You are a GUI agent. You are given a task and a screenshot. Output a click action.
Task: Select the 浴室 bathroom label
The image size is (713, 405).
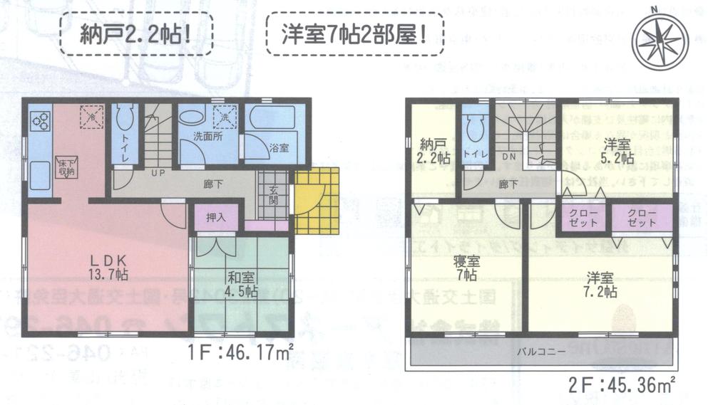coord(278,148)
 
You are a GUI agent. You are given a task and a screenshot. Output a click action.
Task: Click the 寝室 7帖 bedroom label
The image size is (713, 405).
coord(467,267)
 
